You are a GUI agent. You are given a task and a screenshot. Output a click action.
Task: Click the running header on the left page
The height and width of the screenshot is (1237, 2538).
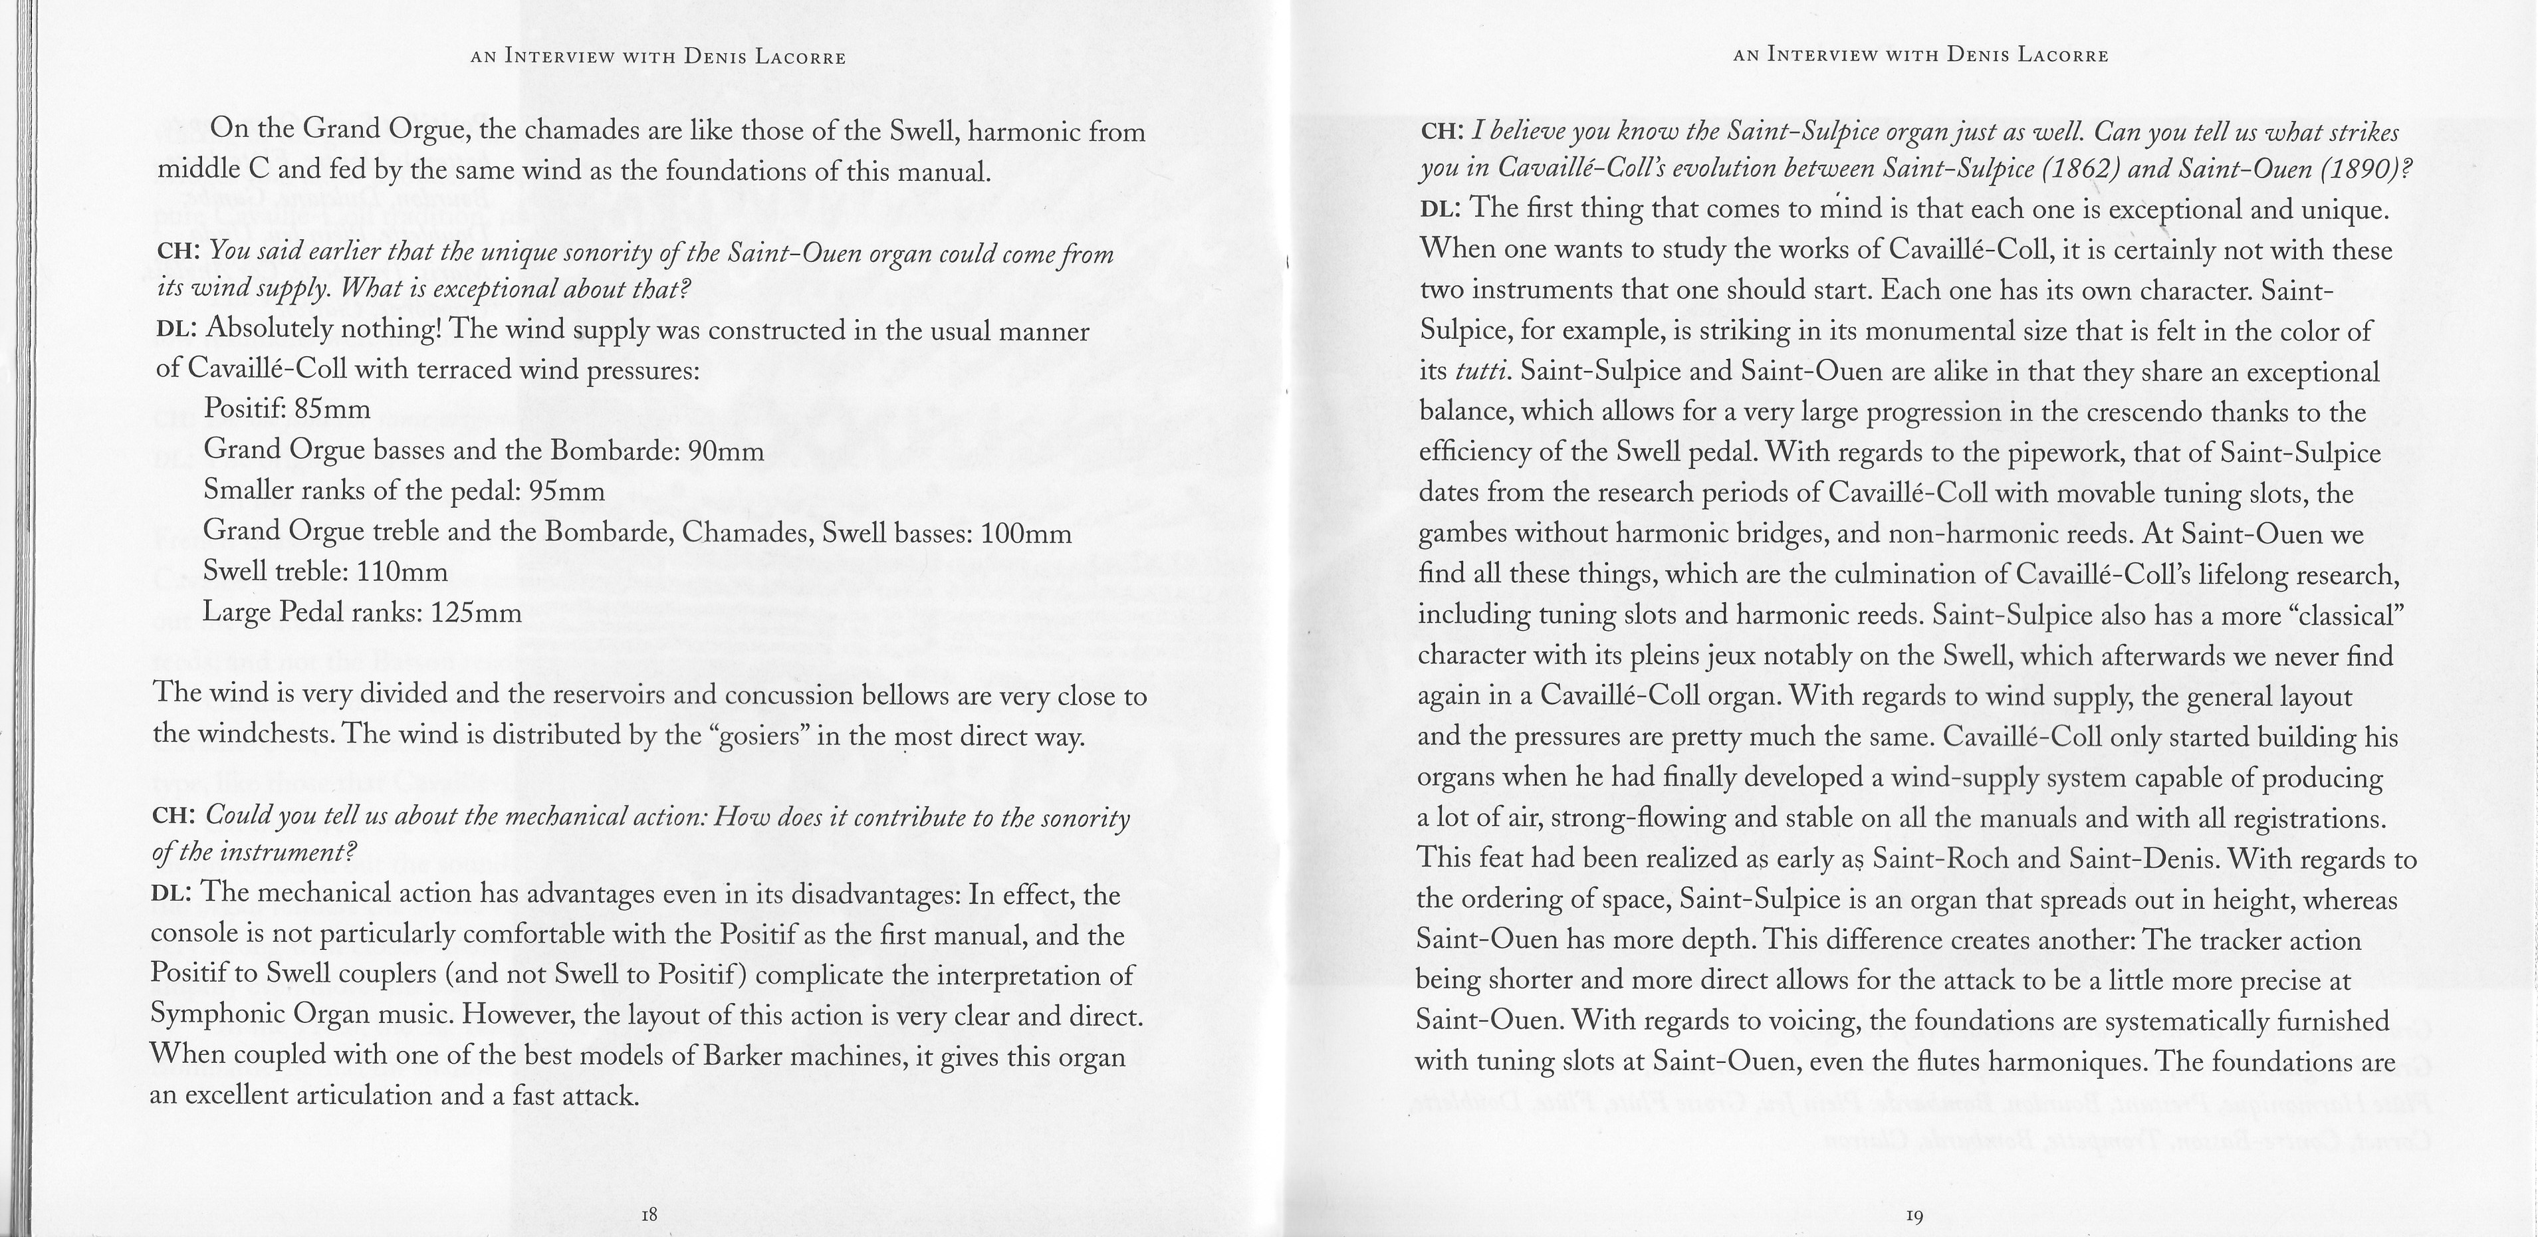[658, 57]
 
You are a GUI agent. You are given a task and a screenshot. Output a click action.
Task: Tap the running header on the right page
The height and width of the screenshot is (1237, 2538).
[1920, 55]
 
